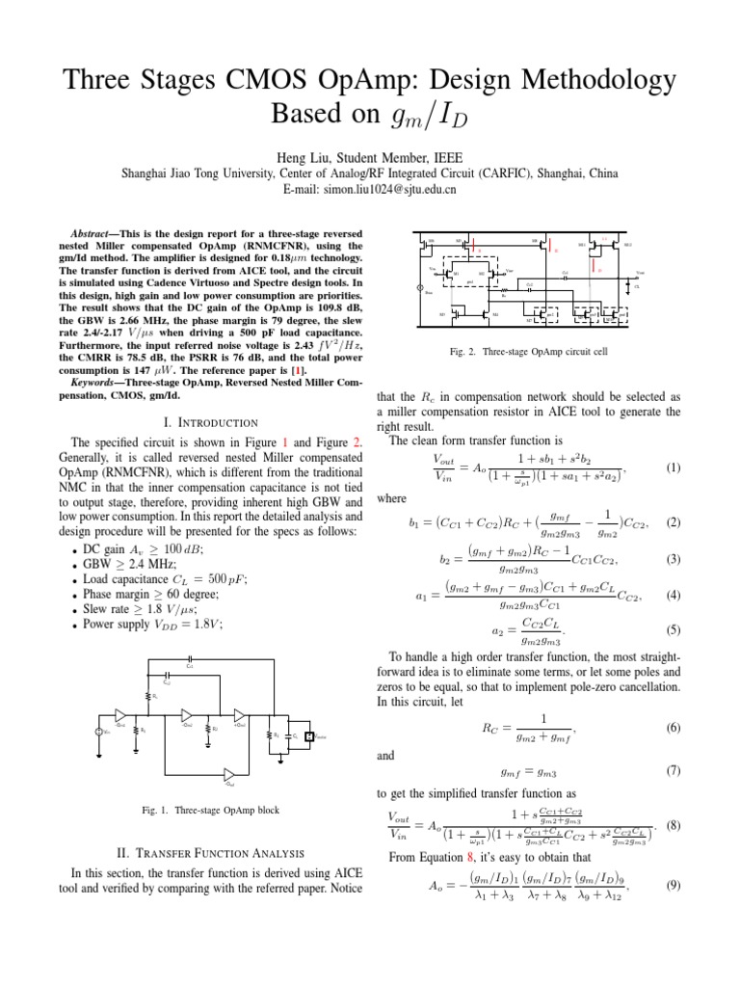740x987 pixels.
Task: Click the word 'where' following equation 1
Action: [x=391, y=498]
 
